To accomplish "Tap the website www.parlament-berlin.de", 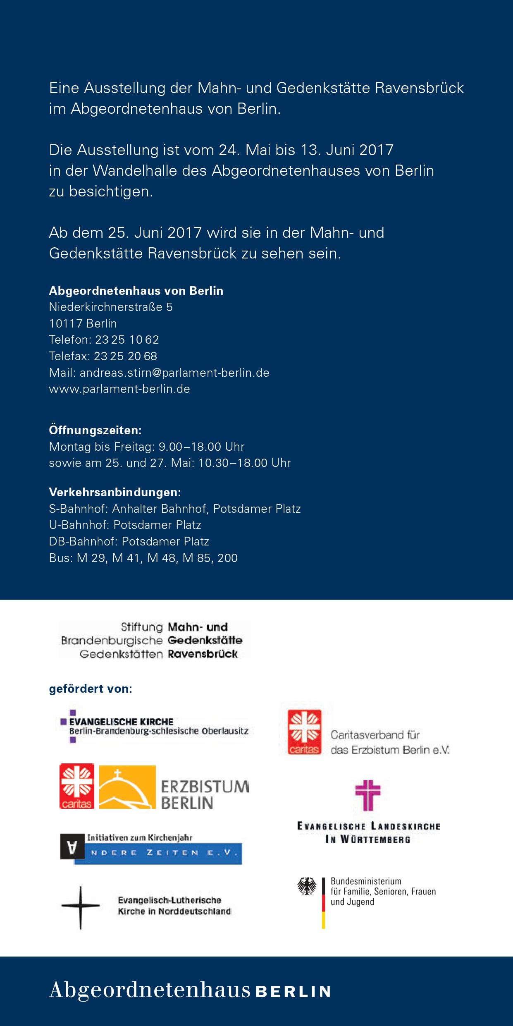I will (119, 389).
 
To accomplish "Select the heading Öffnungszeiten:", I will (95, 430).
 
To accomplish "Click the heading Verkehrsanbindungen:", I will (115, 492).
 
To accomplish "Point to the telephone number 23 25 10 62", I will (127, 340).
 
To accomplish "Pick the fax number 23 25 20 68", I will (126, 356).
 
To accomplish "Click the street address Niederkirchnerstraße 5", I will (111, 307).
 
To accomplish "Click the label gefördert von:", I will (91, 689).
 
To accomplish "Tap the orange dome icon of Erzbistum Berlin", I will (127, 787).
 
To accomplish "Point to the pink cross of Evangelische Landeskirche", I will (368, 795).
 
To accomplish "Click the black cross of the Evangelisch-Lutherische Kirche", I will (81, 908).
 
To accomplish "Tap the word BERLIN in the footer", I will (293, 992).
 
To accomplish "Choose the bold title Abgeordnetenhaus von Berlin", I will (136, 291).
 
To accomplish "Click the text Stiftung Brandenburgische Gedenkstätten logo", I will (112, 640).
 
